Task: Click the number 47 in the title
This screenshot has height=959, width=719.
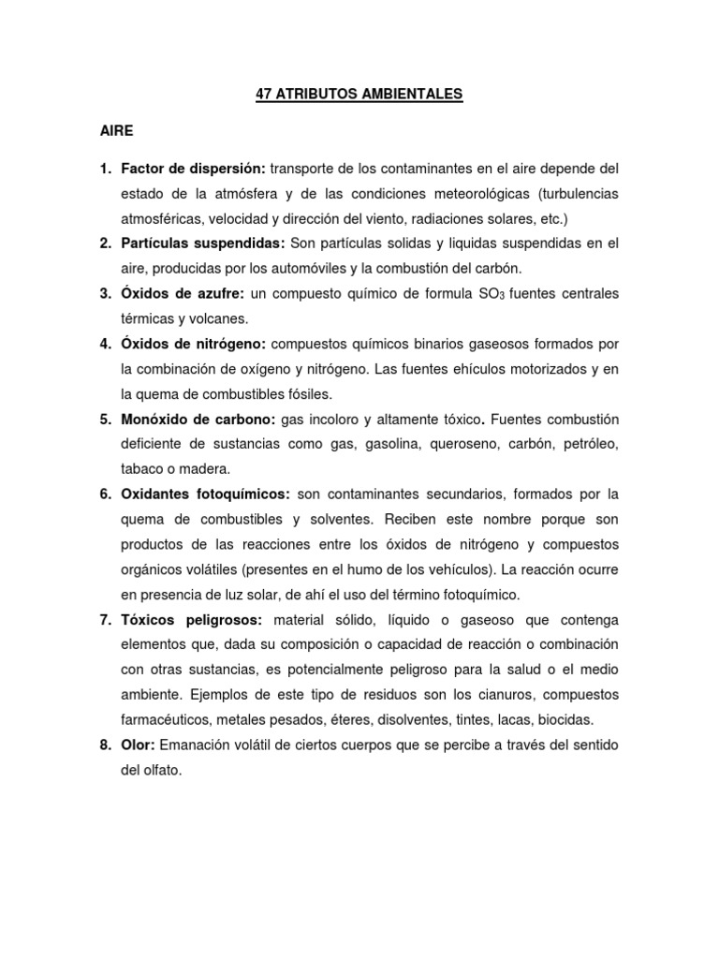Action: coord(264,95)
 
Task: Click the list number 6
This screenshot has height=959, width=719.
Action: coord(106,494)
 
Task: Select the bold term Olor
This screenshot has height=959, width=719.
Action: coord(139,745)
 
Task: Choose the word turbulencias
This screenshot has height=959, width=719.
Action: coord(574,194)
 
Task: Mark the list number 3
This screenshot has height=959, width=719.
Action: coord(106,294)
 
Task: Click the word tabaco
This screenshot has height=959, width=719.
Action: coord(142,469)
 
